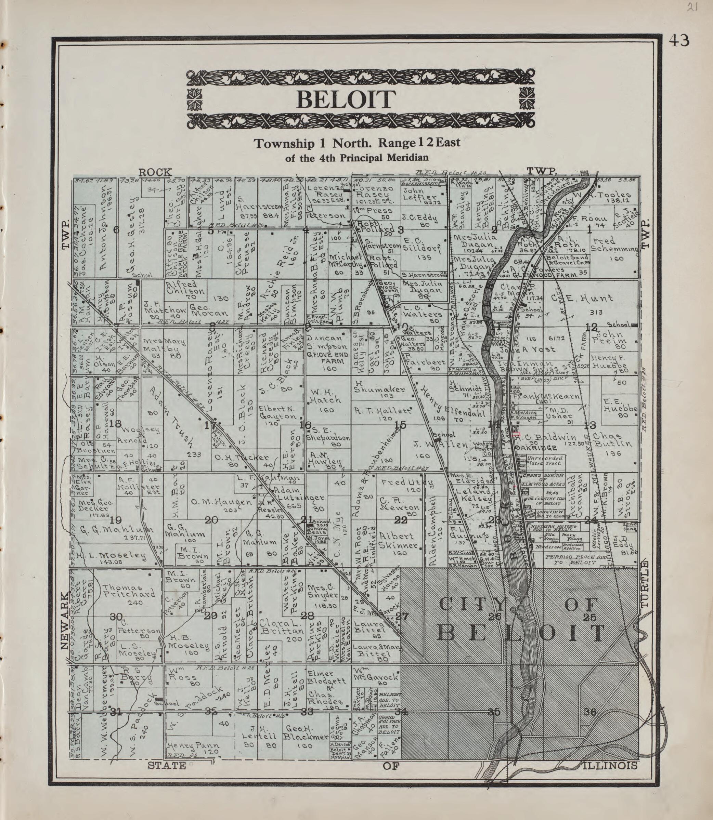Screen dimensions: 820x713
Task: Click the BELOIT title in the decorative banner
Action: pyautogui.click(x=346, y=100)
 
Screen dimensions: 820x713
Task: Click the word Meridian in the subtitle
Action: pyautogui.click(x=404, y=158)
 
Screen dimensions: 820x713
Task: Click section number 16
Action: pyautogui.click(x=306, y=425)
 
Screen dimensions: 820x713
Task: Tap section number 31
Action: pyautogui.click(x=115, y=712)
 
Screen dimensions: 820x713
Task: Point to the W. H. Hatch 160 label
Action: pyautogui.click(x=325, y=400)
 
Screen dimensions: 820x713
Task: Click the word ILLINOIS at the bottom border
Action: pyautogui.click(x=610, y=766)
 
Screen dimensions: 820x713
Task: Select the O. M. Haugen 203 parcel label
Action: pyautogui.click(x=223, y=503)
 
